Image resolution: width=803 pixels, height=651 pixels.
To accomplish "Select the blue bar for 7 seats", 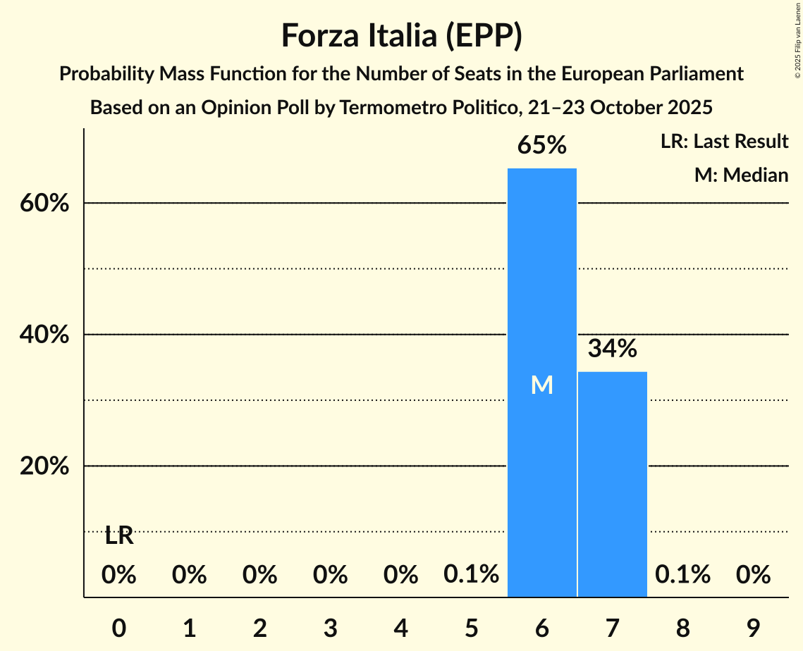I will pos(612,486).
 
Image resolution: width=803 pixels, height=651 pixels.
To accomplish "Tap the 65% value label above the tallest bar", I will pos(541,146).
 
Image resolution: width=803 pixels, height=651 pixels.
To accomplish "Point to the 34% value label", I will pos(612,348).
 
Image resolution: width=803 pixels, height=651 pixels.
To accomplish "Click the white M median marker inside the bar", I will pos(541,385).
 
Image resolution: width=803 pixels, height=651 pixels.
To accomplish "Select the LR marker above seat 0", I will pos(119,536).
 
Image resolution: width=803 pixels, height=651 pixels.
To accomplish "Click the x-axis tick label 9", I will pos(753,628).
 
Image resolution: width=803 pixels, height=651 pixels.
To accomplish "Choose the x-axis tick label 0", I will pos(119,628).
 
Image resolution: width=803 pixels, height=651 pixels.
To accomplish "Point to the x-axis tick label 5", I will pos(472,628).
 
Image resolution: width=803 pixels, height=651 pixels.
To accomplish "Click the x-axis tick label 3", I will pos(331,628).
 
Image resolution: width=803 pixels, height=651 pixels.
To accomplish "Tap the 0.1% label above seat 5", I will pos(471,575).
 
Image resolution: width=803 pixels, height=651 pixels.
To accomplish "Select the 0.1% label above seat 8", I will pos(682,575).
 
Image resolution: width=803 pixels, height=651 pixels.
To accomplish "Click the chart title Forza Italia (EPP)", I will pos(401,36).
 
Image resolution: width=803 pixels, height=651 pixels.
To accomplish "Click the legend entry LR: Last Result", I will pos(724,142).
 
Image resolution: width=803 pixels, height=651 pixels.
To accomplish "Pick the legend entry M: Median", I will pos(741,175).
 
